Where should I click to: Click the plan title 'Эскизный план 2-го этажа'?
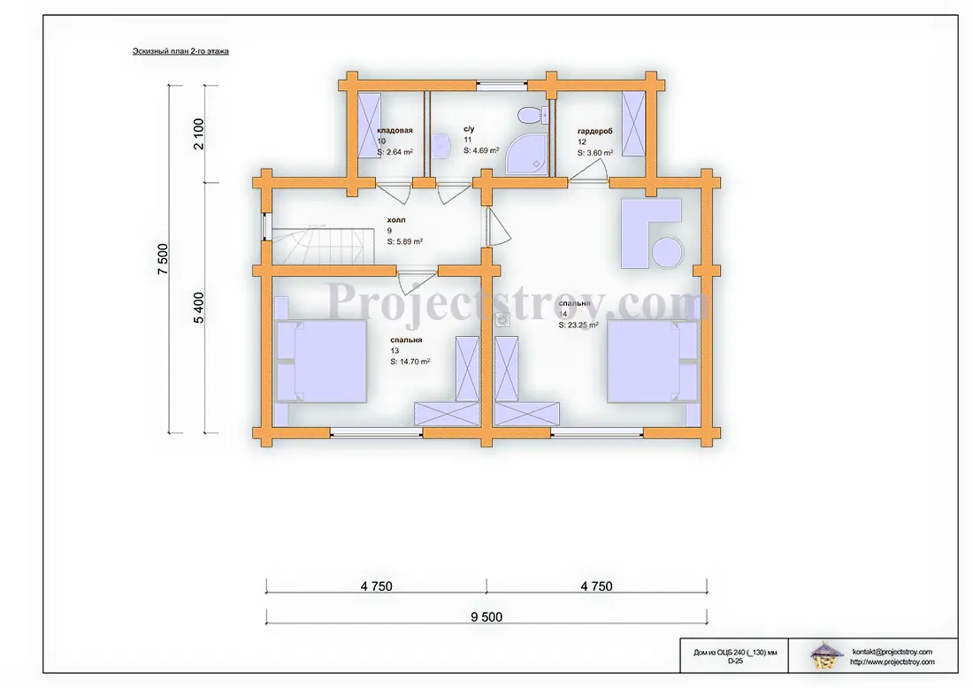pyautogui.click(x=180, y=51)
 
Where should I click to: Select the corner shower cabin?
pyautogui.click(x=527, y=153)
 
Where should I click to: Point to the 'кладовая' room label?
pyautogui.click(x=395, y=130)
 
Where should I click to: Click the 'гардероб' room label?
pyautogui.click(x=595, y=132)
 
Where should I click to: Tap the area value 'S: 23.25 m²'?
pyautogui.click(x=578, y=325)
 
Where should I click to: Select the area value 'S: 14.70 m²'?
pyautogui.click(x=410, y=361)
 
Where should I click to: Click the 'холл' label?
pyautogui.click(x=396, y=220)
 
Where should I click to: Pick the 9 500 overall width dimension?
pyautogui.click(x=486, y=616)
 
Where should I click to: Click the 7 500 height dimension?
pyautogui.click(x=163, y=259)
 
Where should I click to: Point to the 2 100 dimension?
pyautogui.click(x=198, y=134)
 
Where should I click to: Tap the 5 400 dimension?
pyautogui.click(x=198, y=308)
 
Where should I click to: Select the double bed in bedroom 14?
pyautogui.click(x=652, y=362)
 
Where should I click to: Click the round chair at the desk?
pyautogui.click(x=667, y=253)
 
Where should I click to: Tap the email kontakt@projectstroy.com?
pyautogui.click(x=893, y=652)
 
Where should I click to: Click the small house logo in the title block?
pyautogui.click(x=827, y=655)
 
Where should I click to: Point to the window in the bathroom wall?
pyautogui.click(x=502, y=86)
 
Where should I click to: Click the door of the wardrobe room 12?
pyautogui.click(x=589, y=170)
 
